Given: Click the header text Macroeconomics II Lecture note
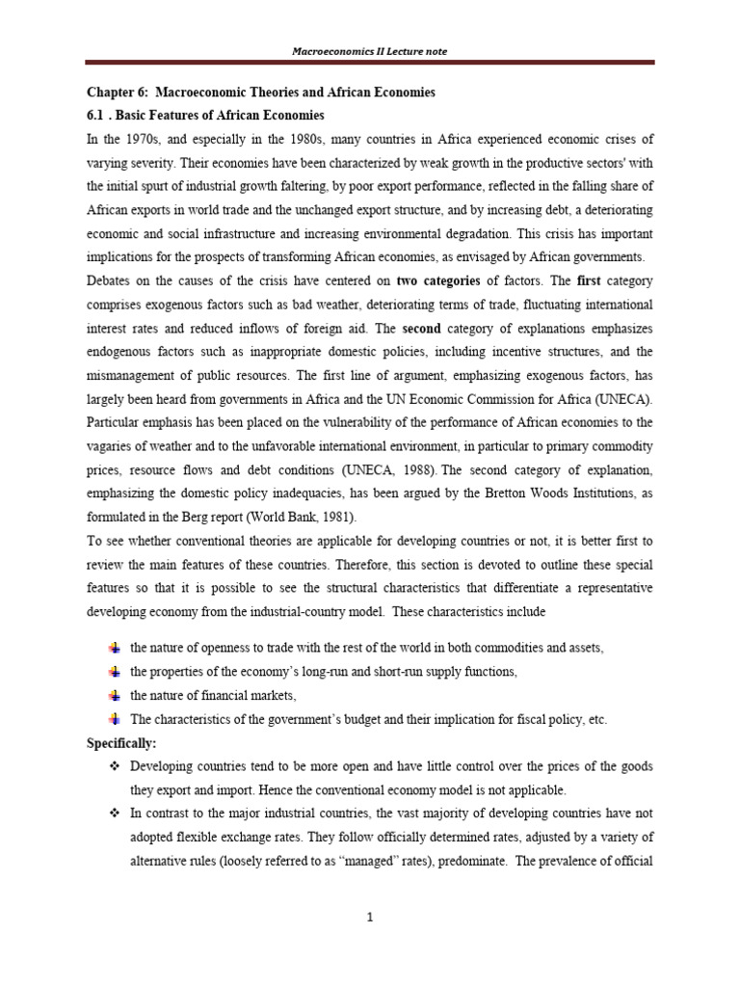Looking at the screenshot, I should tap(369, 50).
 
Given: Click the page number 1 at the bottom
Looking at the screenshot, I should tap(369, 917).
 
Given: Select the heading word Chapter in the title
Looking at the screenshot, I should tap(102, 93).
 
